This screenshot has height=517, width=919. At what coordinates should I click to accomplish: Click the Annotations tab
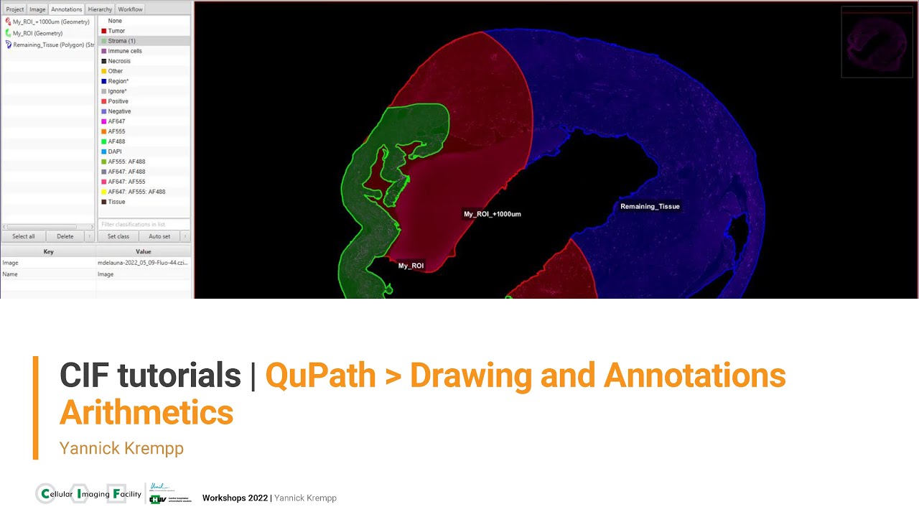(66, 9)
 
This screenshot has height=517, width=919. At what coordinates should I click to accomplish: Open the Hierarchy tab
(100, 9)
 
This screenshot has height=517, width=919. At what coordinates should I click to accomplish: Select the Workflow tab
(130, 9)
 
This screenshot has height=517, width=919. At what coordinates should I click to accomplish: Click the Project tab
(15, 9)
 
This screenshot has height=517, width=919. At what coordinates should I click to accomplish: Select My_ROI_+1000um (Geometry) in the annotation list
(51, 22)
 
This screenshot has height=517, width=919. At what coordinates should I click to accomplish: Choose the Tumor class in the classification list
(116, 31)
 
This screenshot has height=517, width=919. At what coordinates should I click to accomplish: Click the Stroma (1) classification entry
(121, 41)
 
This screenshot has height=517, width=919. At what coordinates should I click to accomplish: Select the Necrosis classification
(120, 61)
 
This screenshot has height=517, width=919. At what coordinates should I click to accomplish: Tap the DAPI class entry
(115, 152)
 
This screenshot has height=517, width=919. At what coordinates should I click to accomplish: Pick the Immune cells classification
(125, 51)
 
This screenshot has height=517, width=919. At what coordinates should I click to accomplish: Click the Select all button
(24, 236)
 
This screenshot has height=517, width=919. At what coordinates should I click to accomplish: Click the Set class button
(118, 236)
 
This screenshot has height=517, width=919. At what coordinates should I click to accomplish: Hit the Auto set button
(159, 236)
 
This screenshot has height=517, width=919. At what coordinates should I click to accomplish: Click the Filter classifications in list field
(144, 225)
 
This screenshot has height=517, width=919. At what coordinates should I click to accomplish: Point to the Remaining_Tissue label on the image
(650, 207)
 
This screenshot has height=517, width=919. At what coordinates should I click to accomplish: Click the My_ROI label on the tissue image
(411, 266)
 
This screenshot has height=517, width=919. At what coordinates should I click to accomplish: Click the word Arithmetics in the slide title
(146, 413)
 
